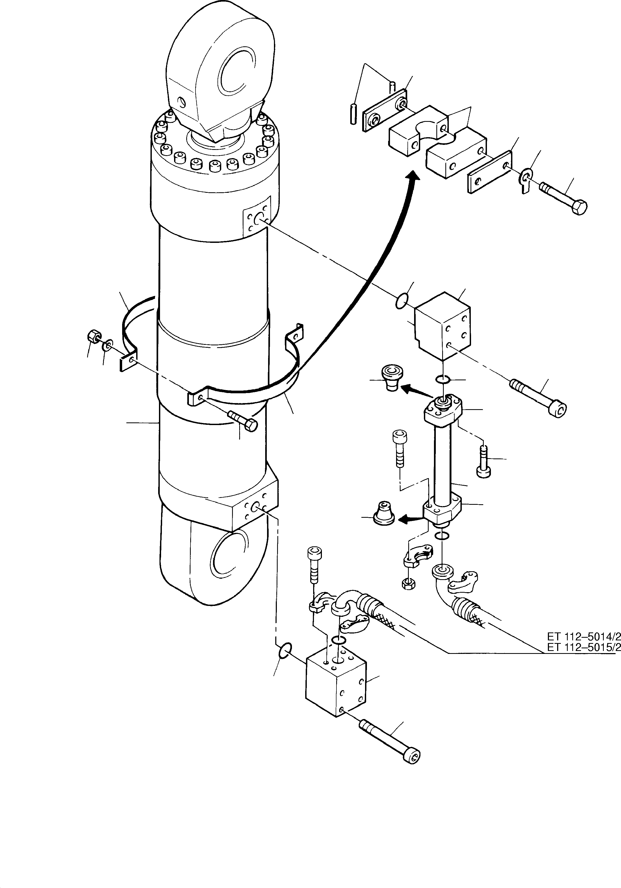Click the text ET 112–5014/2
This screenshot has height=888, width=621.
coord(583,636)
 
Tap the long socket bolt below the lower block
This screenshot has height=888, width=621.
coord(390,741)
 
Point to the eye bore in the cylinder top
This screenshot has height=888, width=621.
coord(237,72)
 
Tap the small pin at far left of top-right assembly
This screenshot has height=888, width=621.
coord(352,113)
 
